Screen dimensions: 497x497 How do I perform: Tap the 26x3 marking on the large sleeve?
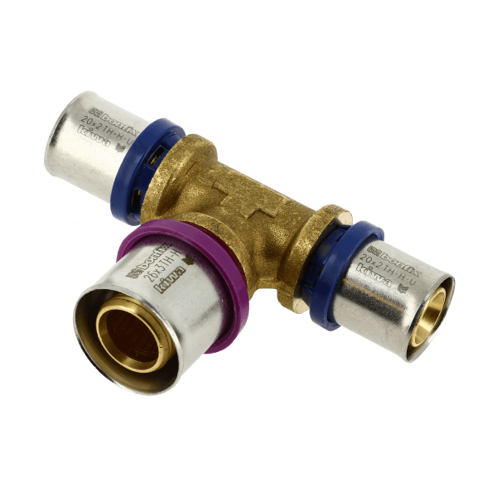pyautogui.click(x=162, y=268)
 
